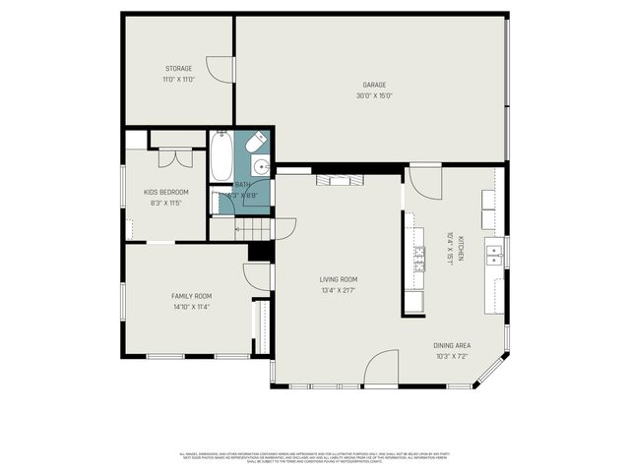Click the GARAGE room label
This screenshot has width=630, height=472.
point(374,85)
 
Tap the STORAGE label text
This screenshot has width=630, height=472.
point(178,68)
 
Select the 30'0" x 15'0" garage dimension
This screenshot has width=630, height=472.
point(374,95)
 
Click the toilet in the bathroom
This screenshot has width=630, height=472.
point(256,144)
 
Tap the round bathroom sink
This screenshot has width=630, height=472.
point(261,164)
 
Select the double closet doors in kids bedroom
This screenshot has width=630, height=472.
point(175,156)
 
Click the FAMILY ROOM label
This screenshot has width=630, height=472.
point(191,296)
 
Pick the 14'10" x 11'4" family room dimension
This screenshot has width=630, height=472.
point(191,307)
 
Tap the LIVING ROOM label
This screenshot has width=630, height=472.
point(337,279)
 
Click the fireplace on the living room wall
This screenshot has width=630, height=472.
point(339,179)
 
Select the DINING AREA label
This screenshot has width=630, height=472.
point(452,345)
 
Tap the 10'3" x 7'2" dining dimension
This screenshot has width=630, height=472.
point(452,356)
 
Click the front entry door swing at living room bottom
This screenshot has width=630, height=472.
point(382,370)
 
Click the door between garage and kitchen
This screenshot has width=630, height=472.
point(423,181)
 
